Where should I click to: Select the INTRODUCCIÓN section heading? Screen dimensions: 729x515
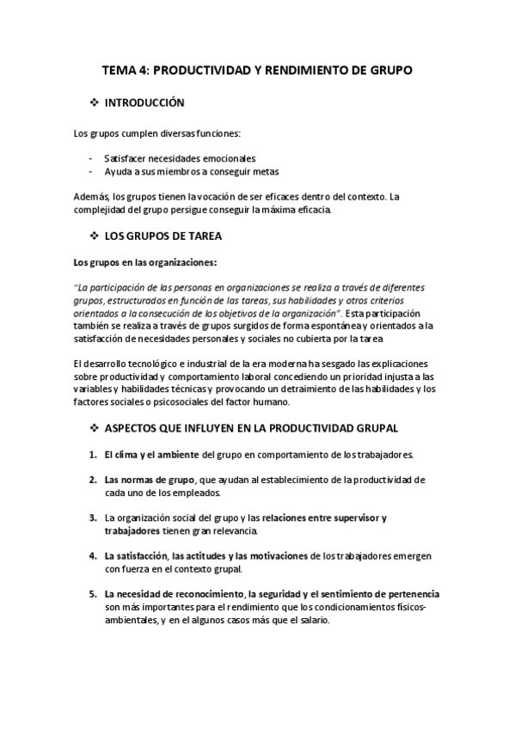[144, 102]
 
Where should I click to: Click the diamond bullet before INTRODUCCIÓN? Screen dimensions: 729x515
[94, 102]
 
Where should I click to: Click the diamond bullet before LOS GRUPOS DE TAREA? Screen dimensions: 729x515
[94, 236]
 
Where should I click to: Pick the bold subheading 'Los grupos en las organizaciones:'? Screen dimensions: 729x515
[145, 262]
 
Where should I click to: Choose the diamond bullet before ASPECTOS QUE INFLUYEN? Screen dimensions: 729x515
[94, 427]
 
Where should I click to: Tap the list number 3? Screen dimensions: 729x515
[91, 518]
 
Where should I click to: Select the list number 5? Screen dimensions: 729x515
[91, 593]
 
